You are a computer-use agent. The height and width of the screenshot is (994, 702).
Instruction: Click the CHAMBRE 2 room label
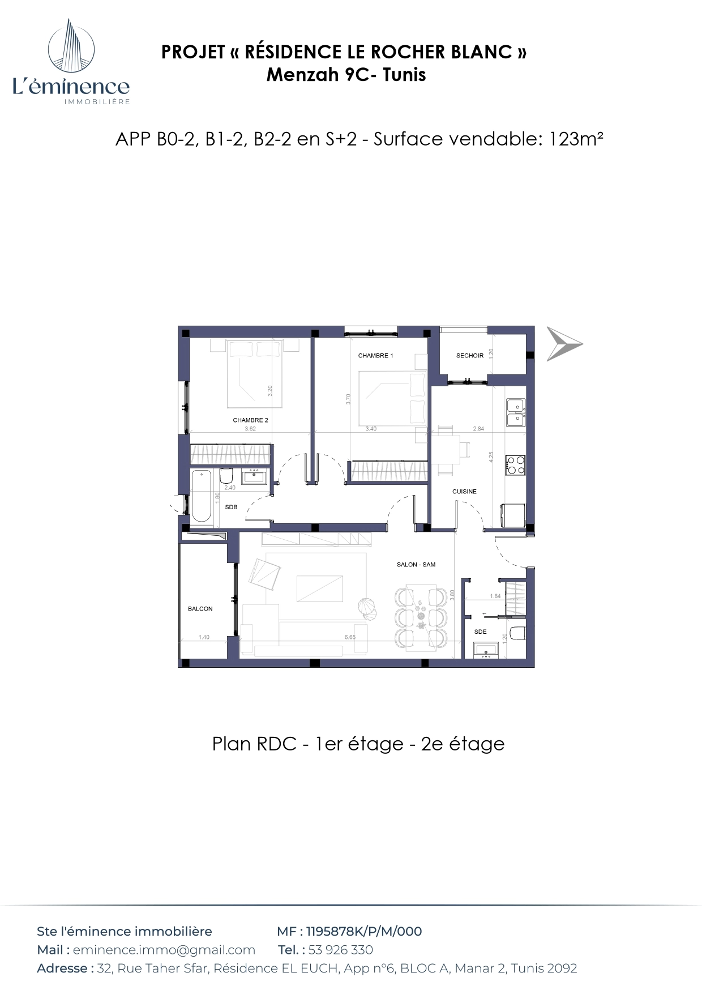tap(250, 420)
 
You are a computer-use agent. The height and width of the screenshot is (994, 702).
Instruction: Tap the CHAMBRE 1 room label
tap(375, 356)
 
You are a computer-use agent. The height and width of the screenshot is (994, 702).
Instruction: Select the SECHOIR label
tap(470, 356)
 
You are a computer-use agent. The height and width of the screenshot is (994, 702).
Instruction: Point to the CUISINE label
tap(464, 492)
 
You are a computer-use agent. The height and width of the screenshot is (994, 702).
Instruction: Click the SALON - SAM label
tap(416, 565)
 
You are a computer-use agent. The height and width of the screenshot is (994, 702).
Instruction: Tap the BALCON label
tap(200, 609)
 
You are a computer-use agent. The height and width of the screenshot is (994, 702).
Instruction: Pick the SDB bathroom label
tap(231, 507)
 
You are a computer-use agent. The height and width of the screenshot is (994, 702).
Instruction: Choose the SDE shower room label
tap(480, 632)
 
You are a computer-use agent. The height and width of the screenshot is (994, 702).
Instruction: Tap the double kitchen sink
tap(515, 412)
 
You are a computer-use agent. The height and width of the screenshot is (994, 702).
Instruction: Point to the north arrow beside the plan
tap(564, 344)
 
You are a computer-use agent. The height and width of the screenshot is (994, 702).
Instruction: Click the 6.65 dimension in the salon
tap(350, 637)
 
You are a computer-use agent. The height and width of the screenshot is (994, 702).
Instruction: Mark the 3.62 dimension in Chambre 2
tap(250, 429)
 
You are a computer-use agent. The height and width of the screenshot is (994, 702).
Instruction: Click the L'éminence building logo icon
tap(71, 45)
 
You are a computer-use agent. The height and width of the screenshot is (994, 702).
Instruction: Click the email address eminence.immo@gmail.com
tap(164, 950)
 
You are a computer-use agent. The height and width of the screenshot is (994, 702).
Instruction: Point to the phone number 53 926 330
tap(341, 950)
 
